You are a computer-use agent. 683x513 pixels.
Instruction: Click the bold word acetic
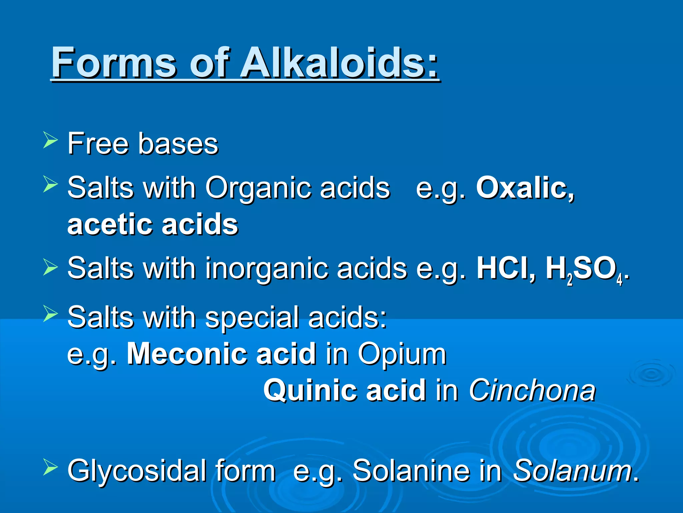click(x=110, y=224)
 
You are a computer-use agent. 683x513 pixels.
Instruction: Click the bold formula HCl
click(x=506, y=268)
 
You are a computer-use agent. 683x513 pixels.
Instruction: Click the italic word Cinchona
click(x=532, y=390)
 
